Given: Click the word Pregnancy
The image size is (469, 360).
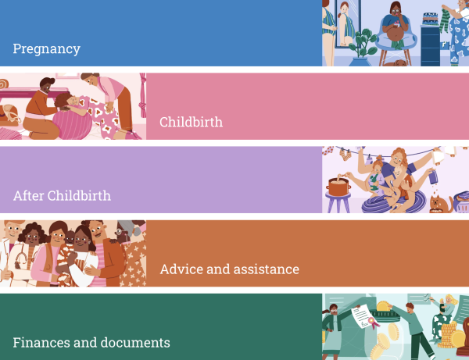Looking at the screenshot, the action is [46, 49].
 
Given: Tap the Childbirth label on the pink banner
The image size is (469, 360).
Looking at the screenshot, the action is [192, 122].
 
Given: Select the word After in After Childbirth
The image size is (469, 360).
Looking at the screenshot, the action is [29, 196].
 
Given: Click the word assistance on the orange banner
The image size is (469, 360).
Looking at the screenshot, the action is [267, 269].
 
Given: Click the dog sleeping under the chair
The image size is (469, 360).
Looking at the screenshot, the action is [396, 63].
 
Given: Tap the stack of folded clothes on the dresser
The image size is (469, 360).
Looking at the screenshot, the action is [431, 19].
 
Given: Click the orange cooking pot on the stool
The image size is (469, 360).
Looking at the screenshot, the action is [338, 187].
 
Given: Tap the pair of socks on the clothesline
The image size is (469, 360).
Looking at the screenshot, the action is [345, 155].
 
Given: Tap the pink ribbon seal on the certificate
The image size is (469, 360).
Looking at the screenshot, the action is [373, 323].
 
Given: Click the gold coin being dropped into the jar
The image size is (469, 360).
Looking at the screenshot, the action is [383, 307].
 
